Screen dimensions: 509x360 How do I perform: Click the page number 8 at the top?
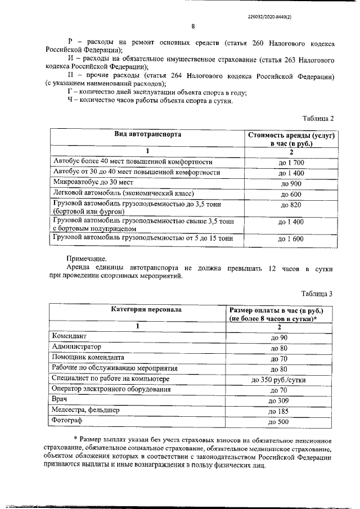coord(193,26)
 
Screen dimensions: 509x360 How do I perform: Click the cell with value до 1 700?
coord(291,163)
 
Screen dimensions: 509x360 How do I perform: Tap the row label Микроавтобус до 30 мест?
coord(93,183)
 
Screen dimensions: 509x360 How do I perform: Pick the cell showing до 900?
coord(291,184)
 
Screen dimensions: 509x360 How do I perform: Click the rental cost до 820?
coord(291,205)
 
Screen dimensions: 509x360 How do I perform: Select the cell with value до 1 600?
coord(291,239)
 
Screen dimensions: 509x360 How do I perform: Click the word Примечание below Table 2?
coord(87,258)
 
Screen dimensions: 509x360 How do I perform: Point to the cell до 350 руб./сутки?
coord(279,380)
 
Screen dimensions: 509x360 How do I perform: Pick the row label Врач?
coord(60,400)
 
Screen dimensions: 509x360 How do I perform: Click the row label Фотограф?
coord(67,421)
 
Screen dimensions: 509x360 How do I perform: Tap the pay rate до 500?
coord(279,422)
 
